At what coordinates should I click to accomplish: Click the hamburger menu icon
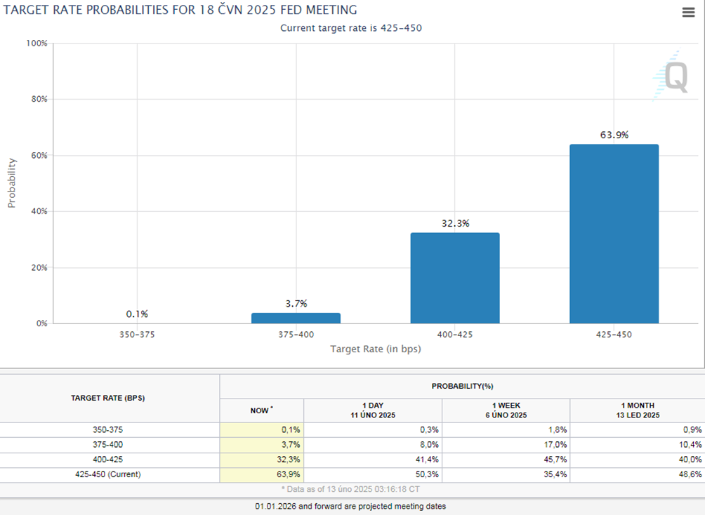[x=688, y=13]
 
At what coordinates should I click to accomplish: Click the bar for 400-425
[x=454, y=278]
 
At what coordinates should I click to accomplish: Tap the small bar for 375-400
[x=296, y=318]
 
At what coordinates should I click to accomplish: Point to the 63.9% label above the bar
[x=614, y=135]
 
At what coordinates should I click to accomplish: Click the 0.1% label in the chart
[x=137, y=314]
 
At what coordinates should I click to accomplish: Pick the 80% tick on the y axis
[x=38, y=99]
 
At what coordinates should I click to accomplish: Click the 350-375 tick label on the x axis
[x=137, y=335]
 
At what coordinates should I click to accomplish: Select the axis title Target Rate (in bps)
[x=376, y=349]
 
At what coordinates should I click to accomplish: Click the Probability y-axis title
[x=11, y=182]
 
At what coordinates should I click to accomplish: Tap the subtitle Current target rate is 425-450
[x=351, y=28]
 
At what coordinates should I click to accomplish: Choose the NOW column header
[x=261, y=410]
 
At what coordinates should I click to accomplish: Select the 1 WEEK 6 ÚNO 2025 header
[x=506, y=410]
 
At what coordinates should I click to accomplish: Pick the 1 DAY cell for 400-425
[x=373, y=460]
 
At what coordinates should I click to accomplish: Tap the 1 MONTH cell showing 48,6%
[x=636, y=474]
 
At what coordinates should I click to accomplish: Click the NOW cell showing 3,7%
[x=261, y=444]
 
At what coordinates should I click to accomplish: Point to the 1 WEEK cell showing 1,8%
[x=506, y=429]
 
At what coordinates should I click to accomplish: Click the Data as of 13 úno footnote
[x=351, y=489]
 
